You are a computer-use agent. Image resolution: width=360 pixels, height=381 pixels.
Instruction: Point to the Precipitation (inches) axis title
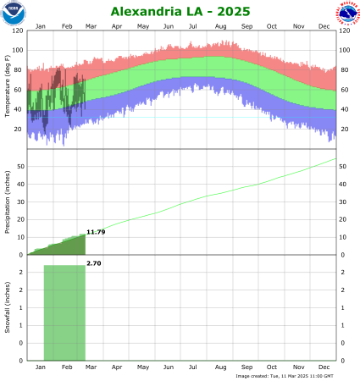point(7,202)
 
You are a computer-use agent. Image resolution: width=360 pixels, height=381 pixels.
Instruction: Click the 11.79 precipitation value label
point(96,232)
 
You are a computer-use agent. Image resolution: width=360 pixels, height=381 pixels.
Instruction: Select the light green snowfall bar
point(64,313)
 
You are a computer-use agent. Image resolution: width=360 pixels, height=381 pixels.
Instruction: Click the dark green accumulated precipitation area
point(68,247)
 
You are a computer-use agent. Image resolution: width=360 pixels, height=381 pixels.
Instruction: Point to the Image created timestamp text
point(285,375)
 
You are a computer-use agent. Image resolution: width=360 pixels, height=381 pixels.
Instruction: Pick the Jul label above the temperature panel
point(194,27)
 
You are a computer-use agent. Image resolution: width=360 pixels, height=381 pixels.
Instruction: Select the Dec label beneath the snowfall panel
point(324,368)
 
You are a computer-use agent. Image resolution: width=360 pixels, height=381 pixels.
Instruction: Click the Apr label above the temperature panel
point(116,27)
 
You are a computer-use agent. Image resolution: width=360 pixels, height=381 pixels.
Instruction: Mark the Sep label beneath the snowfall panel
point(246,368)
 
